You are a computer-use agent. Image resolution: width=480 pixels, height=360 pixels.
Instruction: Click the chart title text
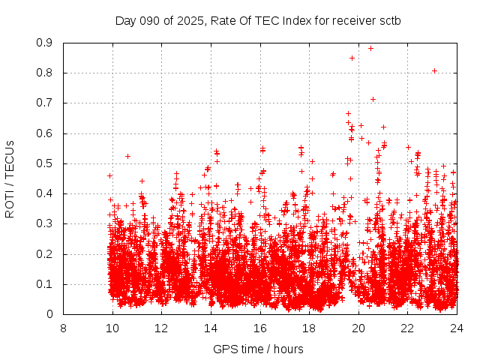click(258, 20)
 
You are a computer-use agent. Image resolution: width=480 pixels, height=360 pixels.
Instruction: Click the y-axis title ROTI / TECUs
click(10, 179)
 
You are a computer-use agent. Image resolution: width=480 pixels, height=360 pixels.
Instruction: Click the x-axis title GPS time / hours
click(258, 349)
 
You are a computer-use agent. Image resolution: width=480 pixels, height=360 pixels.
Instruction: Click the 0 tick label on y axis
click(50, 314)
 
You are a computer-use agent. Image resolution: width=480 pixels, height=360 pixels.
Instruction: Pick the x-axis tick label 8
click(63, 328)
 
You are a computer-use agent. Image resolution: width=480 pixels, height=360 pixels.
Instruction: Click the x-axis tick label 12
click(161, 328)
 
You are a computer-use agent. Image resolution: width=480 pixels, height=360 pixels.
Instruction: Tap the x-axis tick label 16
click(259, 328)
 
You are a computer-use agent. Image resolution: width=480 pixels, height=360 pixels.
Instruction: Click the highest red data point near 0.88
click(370, 48)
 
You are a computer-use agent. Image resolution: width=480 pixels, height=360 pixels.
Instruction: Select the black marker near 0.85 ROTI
click(352, 58)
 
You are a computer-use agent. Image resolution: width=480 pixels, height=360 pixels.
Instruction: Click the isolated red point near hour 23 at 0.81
click(434, 70)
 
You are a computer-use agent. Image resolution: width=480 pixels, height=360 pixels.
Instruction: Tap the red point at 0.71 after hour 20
click(373, 99)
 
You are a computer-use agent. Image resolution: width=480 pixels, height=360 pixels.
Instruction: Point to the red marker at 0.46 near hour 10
click(109, 175)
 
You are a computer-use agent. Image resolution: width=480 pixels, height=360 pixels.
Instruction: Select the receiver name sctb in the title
click(388, 20)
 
